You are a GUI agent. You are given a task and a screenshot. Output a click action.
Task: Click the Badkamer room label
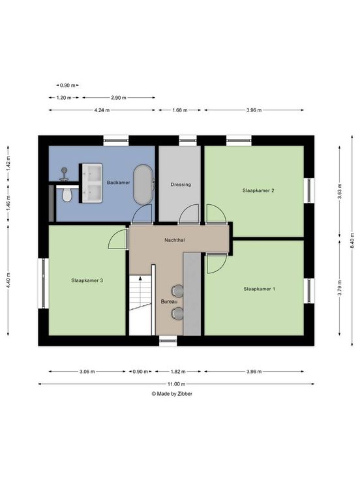(118, 183)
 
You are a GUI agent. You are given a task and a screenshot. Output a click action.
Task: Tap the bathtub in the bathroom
(143, 185)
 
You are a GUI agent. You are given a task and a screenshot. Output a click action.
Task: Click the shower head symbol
(64, 173)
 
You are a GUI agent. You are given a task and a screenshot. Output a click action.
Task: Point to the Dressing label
(181, 185)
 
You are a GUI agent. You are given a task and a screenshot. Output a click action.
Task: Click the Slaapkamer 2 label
(258, 190)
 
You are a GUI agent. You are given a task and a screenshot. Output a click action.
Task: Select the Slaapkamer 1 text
(260, 289)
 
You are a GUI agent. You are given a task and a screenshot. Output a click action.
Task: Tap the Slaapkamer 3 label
(87, 280)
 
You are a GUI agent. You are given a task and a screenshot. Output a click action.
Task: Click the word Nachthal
(175, 240)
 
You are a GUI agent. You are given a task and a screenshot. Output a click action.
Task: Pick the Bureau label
(170, 301)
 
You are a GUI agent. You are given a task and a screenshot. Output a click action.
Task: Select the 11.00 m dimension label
(176, 384)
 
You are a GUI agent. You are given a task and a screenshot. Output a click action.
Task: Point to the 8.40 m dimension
(352, 241)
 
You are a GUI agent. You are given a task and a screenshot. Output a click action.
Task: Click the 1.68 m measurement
(180, 110)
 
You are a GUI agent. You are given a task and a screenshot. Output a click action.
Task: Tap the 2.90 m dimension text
(118, 98)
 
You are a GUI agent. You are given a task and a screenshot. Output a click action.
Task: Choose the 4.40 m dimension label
(8, 280)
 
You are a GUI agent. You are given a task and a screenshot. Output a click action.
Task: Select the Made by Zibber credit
(172, 394)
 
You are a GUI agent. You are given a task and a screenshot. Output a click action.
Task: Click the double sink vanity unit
(91, 183)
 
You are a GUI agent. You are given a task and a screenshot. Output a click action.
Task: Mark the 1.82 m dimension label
(178, 372)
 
